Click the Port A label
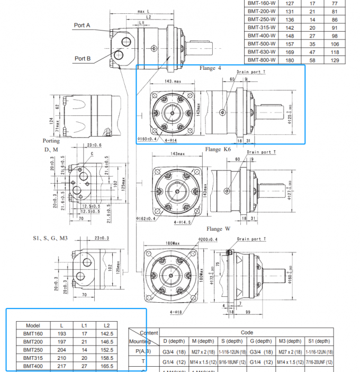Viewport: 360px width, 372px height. tap(82, 25)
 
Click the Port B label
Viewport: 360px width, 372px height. tap(82, 58)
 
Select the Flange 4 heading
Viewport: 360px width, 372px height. tap(210, 68)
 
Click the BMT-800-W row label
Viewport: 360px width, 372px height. tap(262, 60)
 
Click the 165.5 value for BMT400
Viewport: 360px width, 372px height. tap(106, 366)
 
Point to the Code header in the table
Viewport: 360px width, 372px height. tap(247, 333)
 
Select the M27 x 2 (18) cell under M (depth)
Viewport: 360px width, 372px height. tap(202, 351)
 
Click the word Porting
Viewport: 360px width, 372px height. tap(51, 141)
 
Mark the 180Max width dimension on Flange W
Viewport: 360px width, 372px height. tap(171, 243)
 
